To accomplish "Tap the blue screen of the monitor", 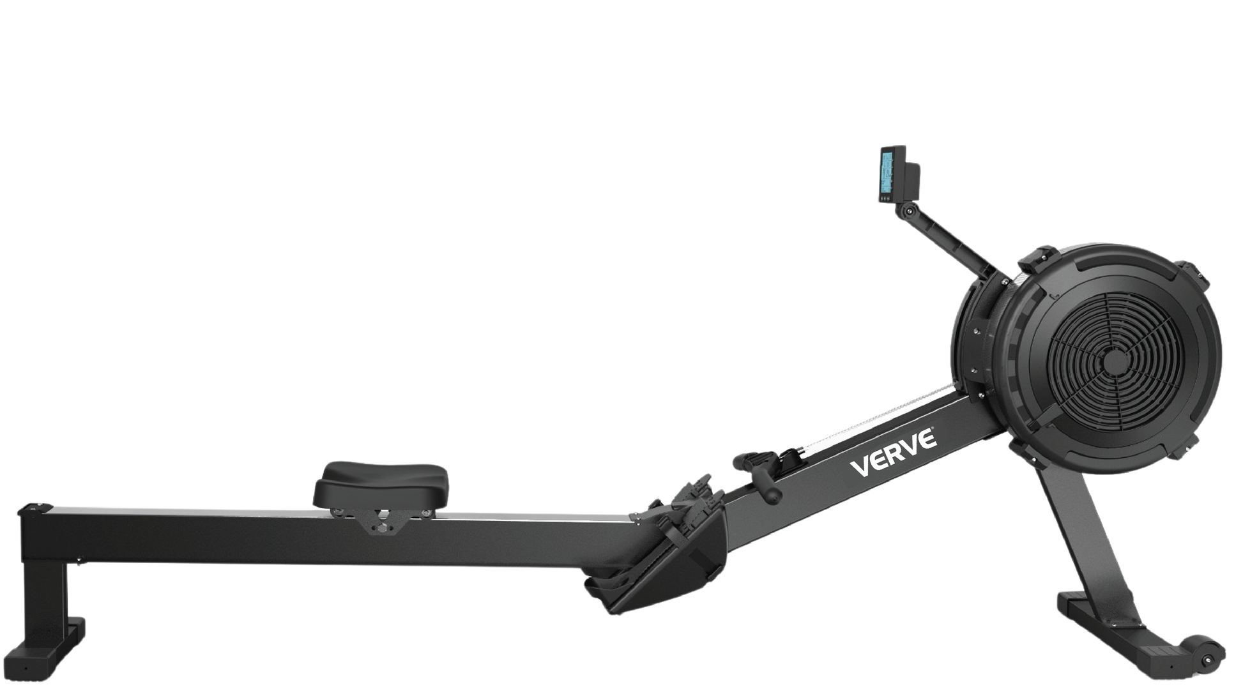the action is pos(887,172).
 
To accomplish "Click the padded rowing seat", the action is pos(381,483).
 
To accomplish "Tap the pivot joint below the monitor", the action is pos(903,211).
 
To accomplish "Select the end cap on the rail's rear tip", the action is pos(36,508).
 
